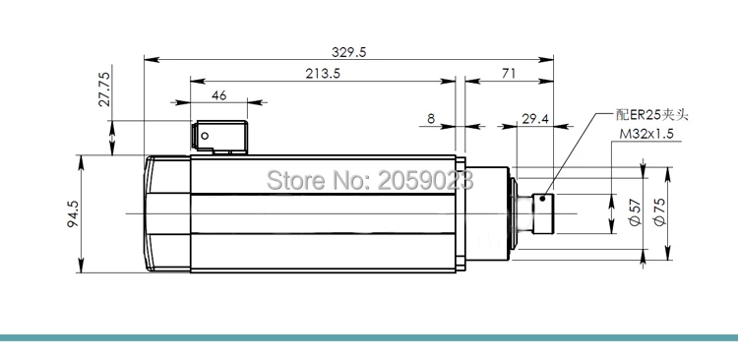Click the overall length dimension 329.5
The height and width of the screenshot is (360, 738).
coord(348,52)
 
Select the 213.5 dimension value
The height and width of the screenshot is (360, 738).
coord(323,74)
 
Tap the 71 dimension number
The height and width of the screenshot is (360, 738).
coord(509,74)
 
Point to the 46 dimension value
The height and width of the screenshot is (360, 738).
coord(218,95)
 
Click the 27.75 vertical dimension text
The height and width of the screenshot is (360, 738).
coord(104,89)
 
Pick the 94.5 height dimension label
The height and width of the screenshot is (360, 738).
coord(73,214)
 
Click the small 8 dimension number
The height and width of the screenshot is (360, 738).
coord(431,119)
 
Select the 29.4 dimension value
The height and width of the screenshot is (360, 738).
coord(535,119)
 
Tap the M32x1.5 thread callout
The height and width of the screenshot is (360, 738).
coord(646,134)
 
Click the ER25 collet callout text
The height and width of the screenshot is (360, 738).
coord(651,115)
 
